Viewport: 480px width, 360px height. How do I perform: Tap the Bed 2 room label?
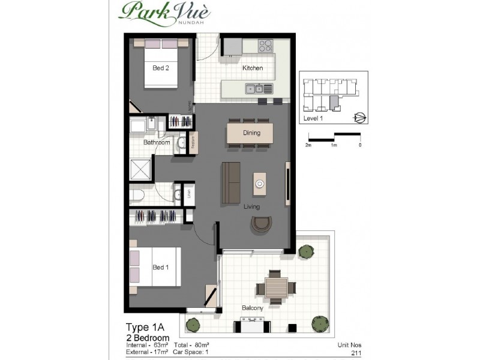pos(160,68)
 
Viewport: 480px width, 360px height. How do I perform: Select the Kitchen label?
pos(252,68)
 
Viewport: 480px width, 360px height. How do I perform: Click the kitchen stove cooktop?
pos(266,46)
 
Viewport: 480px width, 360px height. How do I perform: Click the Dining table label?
pos(251,133)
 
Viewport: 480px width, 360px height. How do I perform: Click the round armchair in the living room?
pos(260,225)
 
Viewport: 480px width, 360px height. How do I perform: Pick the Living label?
pos(251,207)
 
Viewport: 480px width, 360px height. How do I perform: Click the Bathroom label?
pos(156,143)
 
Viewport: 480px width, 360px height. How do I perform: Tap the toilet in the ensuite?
pos(136,195)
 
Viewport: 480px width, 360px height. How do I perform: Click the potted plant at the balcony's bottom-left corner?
pos(193,325)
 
